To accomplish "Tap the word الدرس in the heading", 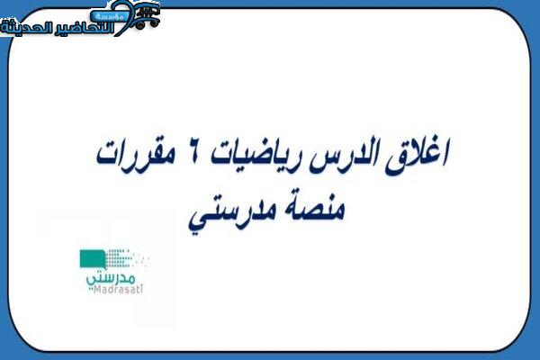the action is coord(345,156).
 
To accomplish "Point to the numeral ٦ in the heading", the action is coord(193,153).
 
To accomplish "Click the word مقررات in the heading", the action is coord(135,154).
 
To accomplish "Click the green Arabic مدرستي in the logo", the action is coord(111,278).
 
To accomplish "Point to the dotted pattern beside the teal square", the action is coord(126,258).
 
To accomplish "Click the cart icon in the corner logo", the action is coord(147,16).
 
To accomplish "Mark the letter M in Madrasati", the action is coord(98,290).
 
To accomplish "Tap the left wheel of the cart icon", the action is coord(139,24).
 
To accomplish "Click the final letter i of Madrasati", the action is coord(141,289).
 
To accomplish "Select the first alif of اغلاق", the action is coord(445,152).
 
